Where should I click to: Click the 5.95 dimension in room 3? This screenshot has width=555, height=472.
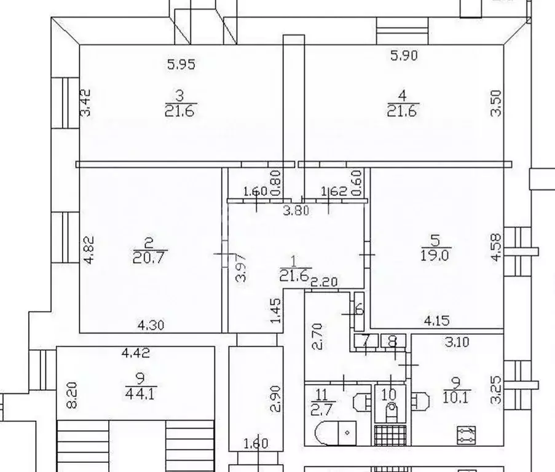click(181, 65)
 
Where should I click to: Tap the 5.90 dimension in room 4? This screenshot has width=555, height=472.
click(404, 55)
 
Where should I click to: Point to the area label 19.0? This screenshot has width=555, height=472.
click(435, 255)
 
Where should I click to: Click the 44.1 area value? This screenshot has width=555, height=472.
click(141, 393)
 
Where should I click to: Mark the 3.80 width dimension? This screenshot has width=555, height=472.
click(296, 211)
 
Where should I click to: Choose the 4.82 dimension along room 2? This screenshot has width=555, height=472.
click(89, 250)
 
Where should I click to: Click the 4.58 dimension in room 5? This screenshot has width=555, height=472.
click(496, 247)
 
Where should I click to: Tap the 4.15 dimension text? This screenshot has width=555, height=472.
click(436, 321)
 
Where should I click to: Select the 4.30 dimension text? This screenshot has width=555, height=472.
click(151, 325)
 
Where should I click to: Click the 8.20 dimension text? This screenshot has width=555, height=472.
click(72, 395)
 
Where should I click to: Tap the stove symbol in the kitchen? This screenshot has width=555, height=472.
click(466, 435)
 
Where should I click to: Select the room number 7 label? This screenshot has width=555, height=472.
click(366, 342)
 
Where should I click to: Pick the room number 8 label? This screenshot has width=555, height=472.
click(393, 342)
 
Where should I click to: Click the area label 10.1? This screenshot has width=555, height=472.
click(456, 398)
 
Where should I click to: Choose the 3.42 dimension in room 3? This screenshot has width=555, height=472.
click(85, 103)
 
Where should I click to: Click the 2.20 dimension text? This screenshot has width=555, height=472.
click(325, 282)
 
